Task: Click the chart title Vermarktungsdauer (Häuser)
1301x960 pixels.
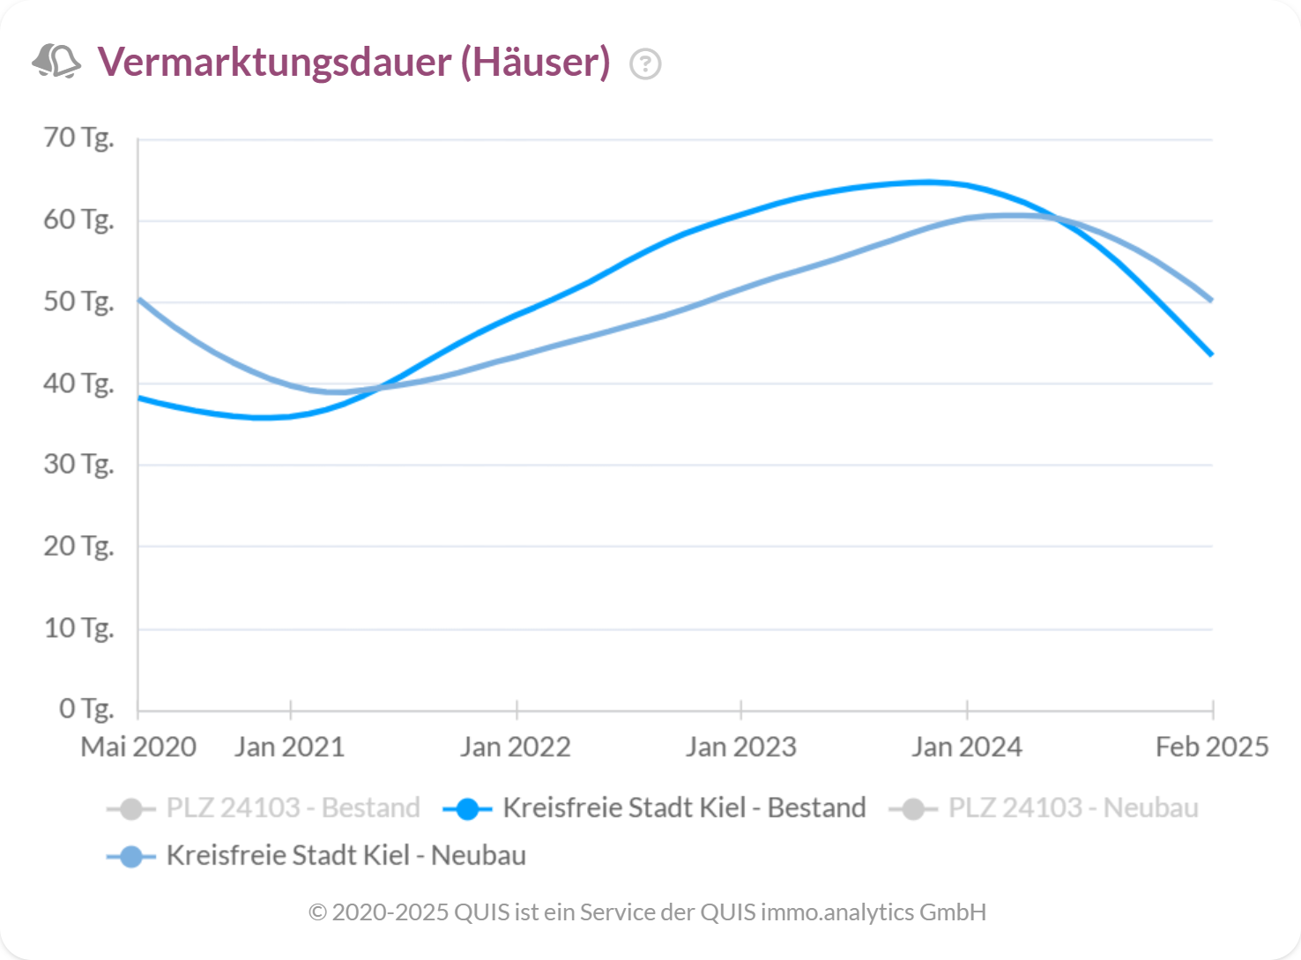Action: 353,63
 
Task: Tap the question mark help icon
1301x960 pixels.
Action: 645,64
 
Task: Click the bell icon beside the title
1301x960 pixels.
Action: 56,62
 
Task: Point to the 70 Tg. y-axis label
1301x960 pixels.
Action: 79,138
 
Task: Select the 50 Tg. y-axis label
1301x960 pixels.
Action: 79,301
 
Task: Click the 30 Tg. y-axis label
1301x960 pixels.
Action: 79,465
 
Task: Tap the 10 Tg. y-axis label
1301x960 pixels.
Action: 79,629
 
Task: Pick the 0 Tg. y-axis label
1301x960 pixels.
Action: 86,709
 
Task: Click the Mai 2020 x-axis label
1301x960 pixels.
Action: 138,748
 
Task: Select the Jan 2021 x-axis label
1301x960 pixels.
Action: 290,748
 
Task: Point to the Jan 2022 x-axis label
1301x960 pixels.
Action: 516,748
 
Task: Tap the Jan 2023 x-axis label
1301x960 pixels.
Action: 741,748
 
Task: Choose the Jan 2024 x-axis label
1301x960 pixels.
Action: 967,748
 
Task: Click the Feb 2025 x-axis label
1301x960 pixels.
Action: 1212,748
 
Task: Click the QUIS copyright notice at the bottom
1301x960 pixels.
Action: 648,912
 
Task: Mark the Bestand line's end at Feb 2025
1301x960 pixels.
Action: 1212,354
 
